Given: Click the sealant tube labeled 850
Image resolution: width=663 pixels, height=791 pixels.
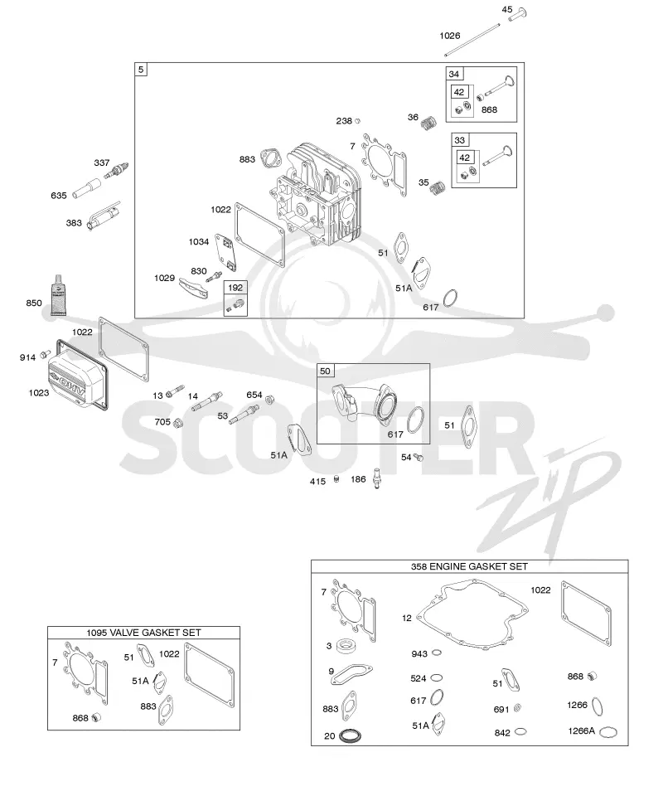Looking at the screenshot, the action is (58, 295).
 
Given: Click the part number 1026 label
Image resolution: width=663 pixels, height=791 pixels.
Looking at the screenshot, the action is (450, 36).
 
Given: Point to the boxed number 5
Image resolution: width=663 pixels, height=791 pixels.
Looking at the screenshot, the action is (141, 69).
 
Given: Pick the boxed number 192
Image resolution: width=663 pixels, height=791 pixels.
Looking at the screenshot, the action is (235, 288).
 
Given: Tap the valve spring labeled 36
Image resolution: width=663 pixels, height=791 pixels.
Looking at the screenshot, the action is (428, 123).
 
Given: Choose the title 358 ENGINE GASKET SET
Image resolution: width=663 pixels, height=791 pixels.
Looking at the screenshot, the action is (469, 566).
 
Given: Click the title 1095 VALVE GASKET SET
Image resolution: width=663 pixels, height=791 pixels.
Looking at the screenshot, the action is (143, 633).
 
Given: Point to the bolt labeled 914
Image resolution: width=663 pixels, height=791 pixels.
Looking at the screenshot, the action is (46, 354).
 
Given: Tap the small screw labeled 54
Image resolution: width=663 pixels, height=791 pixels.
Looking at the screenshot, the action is (418, 458).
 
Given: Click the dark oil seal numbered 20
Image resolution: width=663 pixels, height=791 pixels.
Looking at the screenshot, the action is (350, 735).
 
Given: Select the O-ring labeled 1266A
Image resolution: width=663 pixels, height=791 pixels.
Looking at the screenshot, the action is (609, 732).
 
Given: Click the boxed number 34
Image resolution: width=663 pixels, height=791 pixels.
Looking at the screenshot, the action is (454, 74).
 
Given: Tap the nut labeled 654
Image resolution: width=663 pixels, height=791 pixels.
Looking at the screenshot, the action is (269, 400).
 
